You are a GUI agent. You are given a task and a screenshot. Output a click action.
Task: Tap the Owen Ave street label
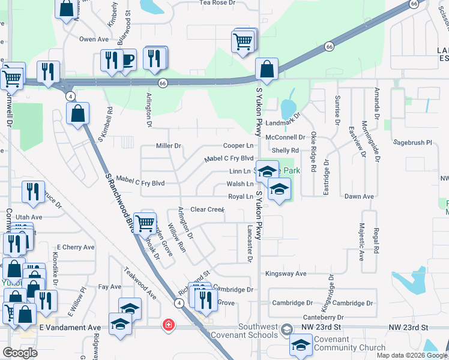pos(93,39)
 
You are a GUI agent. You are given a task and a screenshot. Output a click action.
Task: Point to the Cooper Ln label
pos(238,146)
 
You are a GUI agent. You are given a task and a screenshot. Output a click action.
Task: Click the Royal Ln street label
pos(241,197)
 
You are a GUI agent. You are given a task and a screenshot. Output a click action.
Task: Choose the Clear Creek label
pos(207,209)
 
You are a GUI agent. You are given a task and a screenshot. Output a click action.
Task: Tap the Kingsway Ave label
pos(286,274)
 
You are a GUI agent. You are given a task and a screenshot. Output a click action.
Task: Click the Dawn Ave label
pos(359,197)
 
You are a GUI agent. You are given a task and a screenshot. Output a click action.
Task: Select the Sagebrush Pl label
pos(412,143)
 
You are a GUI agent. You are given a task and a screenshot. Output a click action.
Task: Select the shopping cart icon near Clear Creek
pos(145,224)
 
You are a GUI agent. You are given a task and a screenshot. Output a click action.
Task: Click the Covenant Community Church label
pos(350,344)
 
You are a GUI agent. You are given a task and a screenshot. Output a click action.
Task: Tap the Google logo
pos(20,353)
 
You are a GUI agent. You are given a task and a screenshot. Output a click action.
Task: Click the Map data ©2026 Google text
pos(412,355)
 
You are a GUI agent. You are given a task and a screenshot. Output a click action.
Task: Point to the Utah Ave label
pos(29,217)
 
